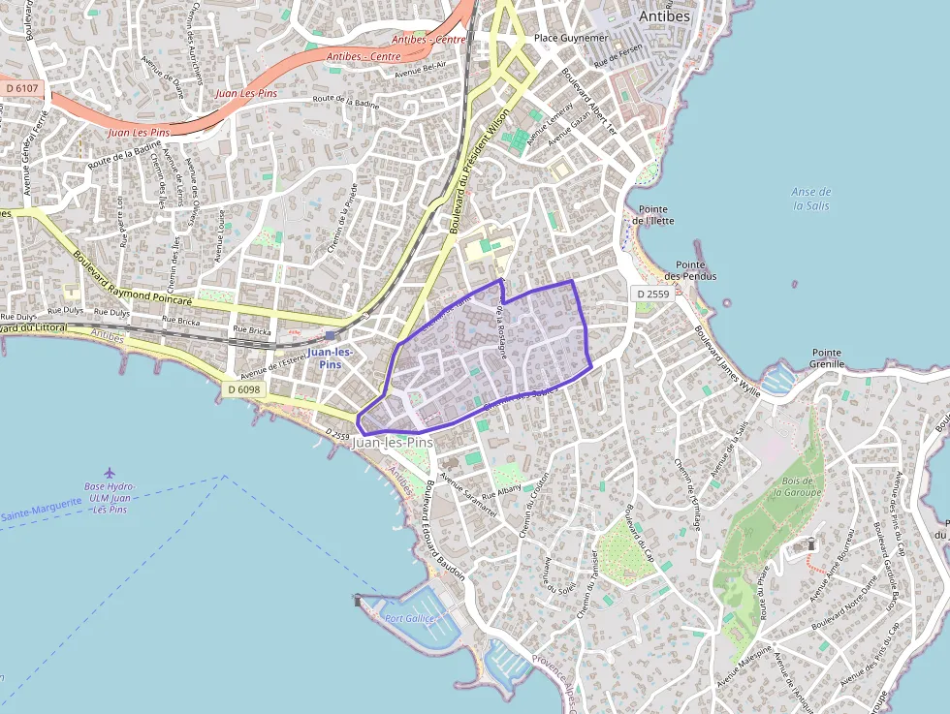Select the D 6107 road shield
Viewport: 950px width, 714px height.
(21, 88)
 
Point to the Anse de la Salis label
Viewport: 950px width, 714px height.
(811, 199)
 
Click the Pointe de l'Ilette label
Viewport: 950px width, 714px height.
(652, 215)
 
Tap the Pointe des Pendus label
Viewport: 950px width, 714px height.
(696, 270)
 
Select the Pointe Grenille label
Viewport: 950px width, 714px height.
(827, 358)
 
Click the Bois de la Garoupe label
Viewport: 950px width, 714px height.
(797, 485)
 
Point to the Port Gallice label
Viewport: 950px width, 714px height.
(408, 618)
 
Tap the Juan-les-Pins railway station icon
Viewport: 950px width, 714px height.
(331, 335)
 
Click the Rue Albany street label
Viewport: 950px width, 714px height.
(501, 492)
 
